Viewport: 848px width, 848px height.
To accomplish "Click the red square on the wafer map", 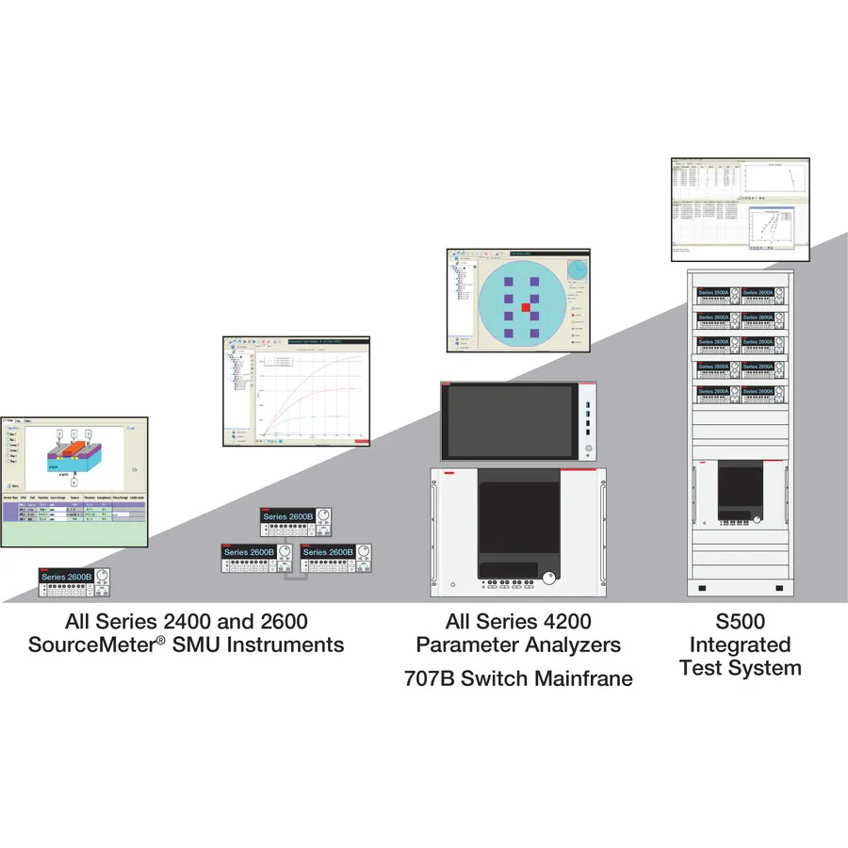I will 527,308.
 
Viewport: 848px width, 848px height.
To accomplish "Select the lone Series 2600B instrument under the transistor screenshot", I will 73,582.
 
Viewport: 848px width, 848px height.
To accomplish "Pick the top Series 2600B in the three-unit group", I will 297,522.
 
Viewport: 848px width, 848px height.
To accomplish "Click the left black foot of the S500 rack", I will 702,589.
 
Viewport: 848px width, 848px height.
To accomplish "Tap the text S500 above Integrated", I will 740,622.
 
